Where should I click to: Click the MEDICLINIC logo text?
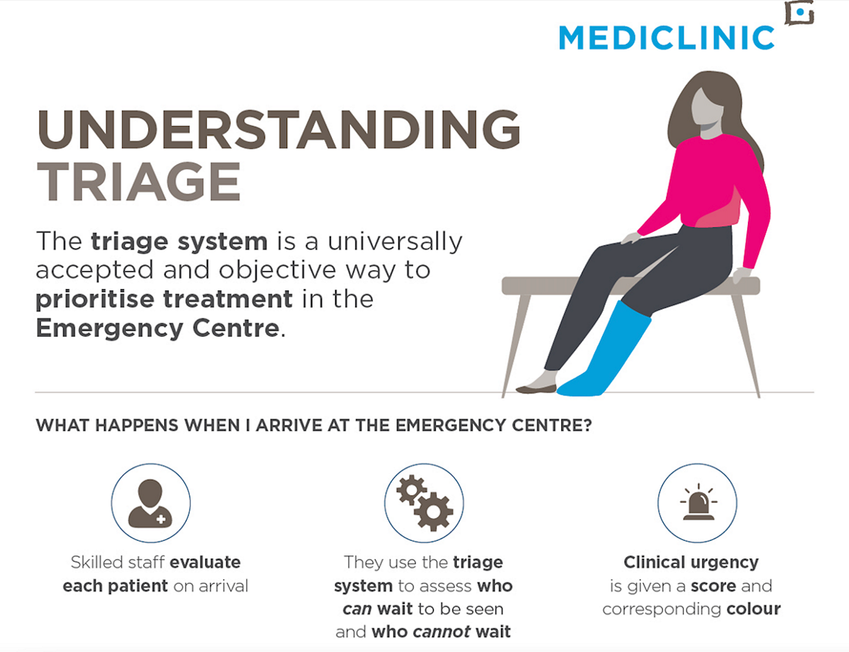(667, 38)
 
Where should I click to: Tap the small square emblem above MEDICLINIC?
(800, 12)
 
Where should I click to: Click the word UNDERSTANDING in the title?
(279, 129)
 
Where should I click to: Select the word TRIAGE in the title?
(139, 182)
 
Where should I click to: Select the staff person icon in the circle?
(150, 504)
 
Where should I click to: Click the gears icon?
(424, 502)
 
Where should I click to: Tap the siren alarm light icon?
(698, 502)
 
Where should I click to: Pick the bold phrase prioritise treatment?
(164, 299)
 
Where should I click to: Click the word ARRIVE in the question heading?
(289, 426)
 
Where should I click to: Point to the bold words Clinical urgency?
(691, 562)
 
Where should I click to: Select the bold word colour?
(753, 609)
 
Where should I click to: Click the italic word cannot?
(441, 631)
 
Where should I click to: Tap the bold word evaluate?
(205, 562)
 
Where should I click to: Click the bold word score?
(713, 586)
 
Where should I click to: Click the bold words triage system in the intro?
(179, 242)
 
